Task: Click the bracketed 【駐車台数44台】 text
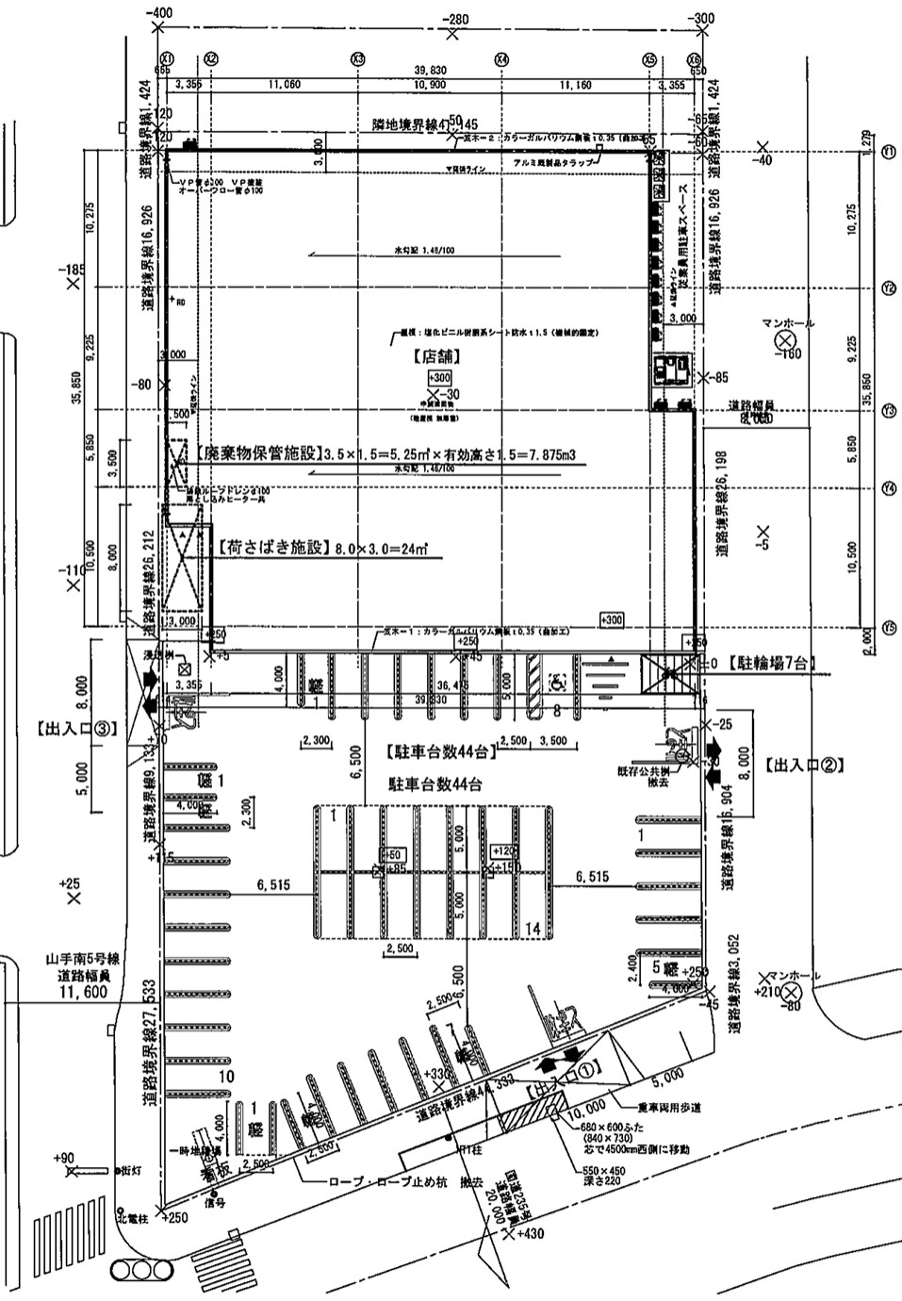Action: click(440, 752)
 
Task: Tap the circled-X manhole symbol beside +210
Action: click(791, 991)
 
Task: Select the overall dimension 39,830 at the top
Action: click(434, 72)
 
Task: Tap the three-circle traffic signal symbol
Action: click(143, 1270)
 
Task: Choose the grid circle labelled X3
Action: click(357, 58)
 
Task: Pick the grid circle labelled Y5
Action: click(888, 626)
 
